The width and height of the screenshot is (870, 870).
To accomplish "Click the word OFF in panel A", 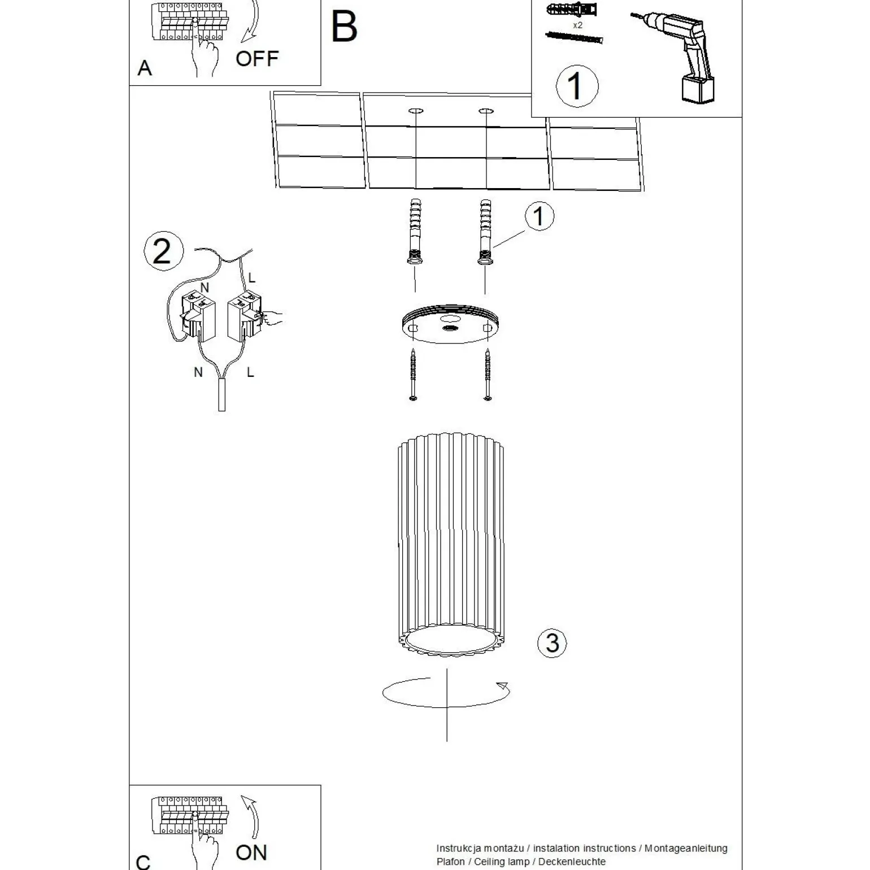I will click(257, 59).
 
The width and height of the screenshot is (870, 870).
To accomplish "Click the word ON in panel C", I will click(251, 852).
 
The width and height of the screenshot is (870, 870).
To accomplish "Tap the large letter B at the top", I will click(344, 27).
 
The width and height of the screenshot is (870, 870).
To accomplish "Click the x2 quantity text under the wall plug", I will click(577, 25).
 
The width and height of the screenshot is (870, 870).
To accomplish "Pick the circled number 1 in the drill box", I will click(576, 86).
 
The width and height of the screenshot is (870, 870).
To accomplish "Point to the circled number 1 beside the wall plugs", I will click(539, 216).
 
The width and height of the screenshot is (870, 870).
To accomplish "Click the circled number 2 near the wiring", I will click(163, 251).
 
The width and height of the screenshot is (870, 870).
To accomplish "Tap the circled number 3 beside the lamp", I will click(552, 643).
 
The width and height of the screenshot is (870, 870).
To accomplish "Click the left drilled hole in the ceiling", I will click(416, 110).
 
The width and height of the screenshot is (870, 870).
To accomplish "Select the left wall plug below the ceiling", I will click(415, 232).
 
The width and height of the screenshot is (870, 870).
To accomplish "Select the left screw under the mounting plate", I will click(414, 375).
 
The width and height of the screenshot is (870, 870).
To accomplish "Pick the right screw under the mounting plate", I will click(488, 375).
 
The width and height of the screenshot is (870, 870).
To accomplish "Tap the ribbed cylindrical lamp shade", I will click(450, 542).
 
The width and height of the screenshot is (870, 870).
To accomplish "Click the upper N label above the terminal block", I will click(205, 288).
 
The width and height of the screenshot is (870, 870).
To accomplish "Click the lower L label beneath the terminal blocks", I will click(250, 372).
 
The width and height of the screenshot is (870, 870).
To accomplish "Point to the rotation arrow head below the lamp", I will click(502, 686).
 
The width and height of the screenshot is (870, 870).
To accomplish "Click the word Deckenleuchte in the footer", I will click(572, 862).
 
